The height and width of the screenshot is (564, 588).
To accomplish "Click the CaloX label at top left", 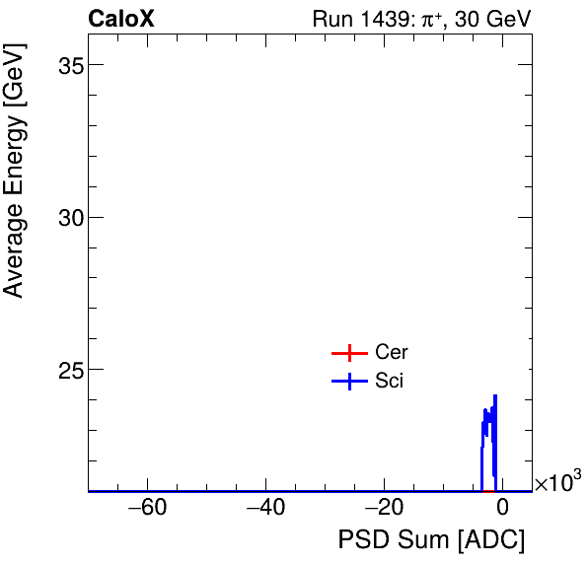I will [x=121, y=19].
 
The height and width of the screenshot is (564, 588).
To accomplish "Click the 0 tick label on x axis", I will [x=502, y=510].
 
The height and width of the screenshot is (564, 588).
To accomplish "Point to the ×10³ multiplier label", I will [x=557, y=483].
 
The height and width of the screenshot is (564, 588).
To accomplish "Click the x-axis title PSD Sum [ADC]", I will [x=431, y=540].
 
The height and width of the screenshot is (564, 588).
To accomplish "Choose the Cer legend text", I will [x=391, y=353].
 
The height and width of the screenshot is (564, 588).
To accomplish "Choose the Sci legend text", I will [x=389, y=382].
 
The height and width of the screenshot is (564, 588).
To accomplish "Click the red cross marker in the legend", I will [x=348, y=353].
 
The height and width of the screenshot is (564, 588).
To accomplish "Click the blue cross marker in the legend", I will [x=348, y=382].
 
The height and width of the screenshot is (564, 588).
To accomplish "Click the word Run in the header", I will [x=331, y=19].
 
